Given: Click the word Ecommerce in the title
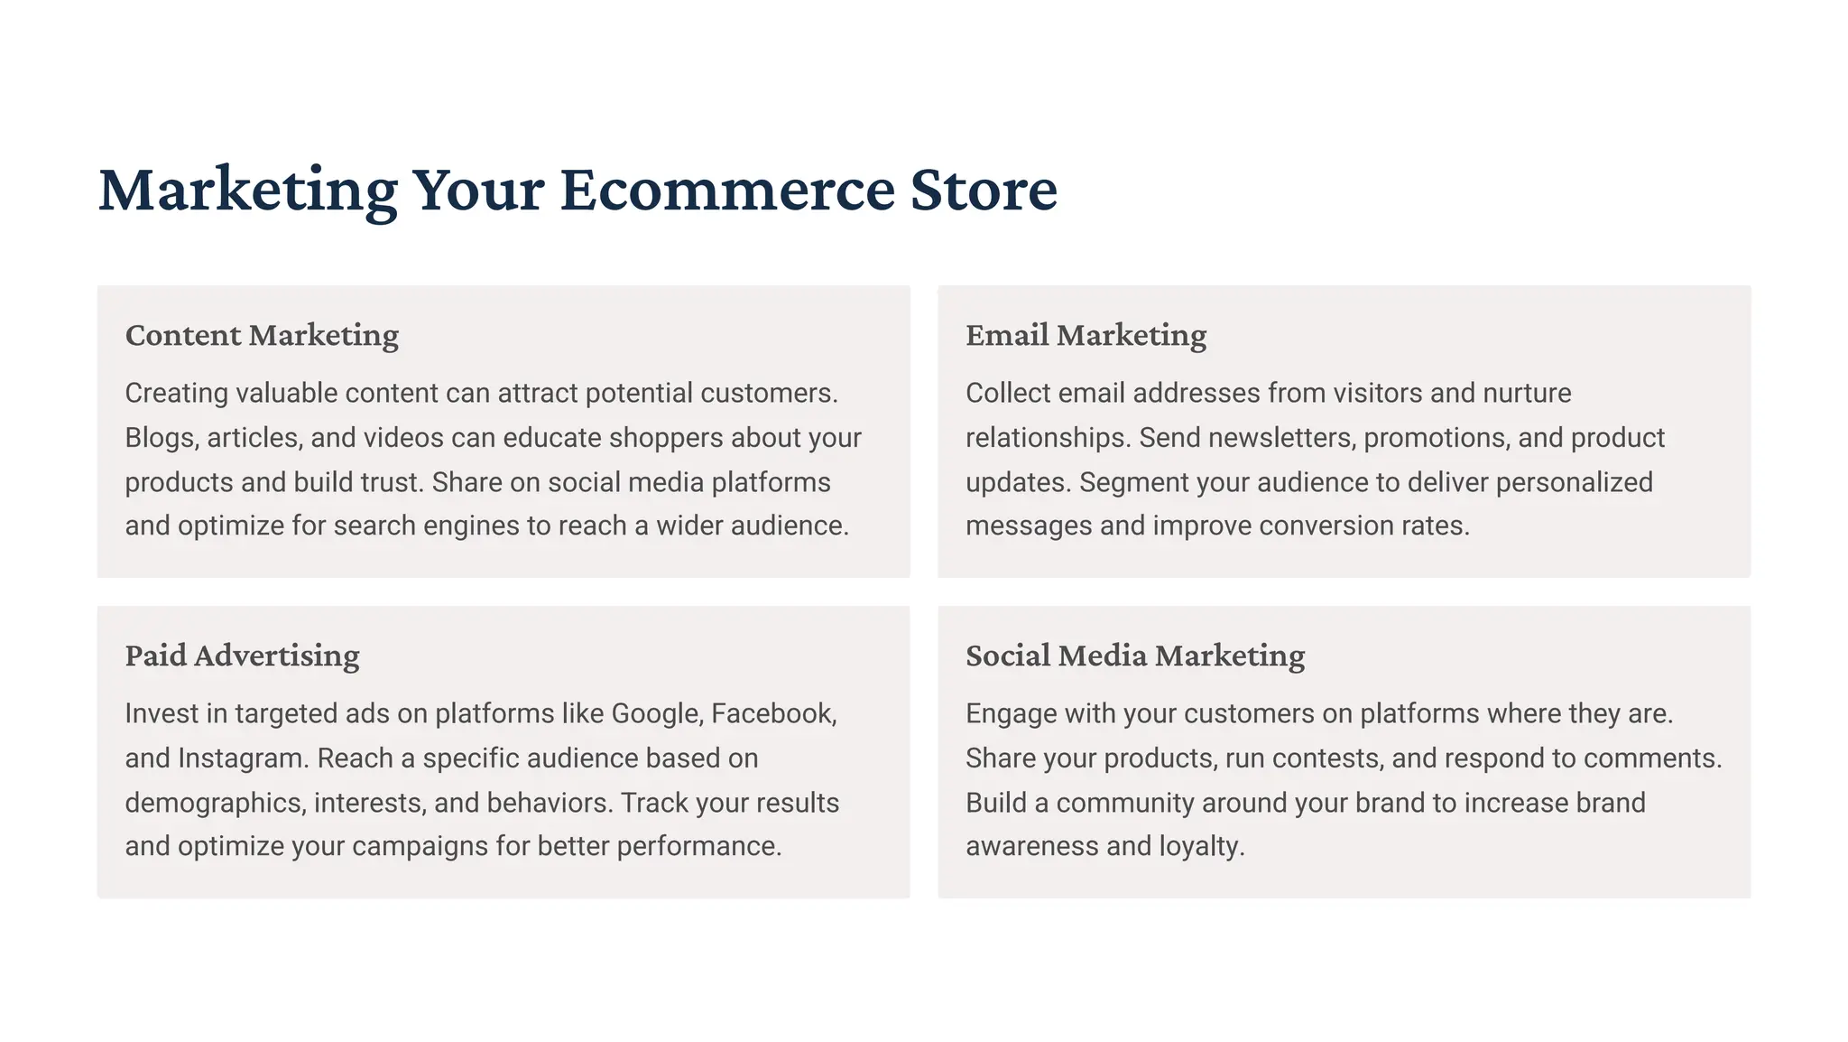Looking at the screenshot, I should pyautogui.click(x=726, y=190).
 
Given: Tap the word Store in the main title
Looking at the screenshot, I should pyautogui.click(x=984, y=190).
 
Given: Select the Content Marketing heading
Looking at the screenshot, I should pyautogui.click(x=262, y=335).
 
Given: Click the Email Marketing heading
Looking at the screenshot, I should pyautogui.click(x=1086, y=335).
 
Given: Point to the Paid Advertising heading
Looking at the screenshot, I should pyautogui.click(x=242, y=656).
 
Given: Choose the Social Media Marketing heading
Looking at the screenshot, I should pyautogui.click(x=1135, y=656).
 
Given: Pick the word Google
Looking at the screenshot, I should pyautogui.click(x=656, y=714).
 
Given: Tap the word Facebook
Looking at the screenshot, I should pyautogui.click(x=773, y=714).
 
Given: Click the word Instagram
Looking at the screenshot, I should pyautogui.click(x=243, y=758).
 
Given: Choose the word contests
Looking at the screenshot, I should pyautogui.click(x=1326, y=758).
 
